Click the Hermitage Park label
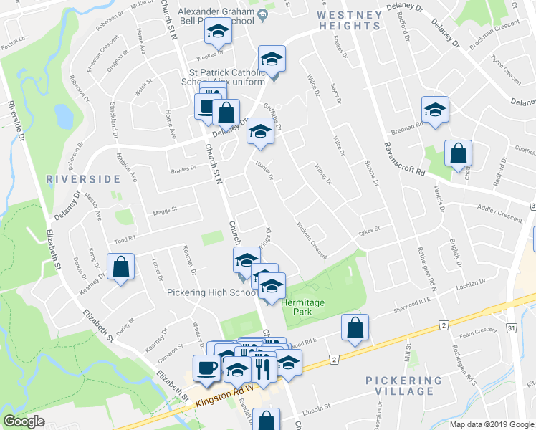pos(302,308)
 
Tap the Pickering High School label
pos(212,292)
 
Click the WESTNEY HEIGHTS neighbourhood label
pos(349,19)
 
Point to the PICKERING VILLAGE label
pos(404,386)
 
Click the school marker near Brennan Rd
pos(434,110)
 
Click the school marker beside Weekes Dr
pos(217,31)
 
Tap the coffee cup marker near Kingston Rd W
pos(206,368)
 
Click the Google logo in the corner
pos(24,421)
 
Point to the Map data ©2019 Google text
pos(491,424)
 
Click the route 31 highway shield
pos(512,328)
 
